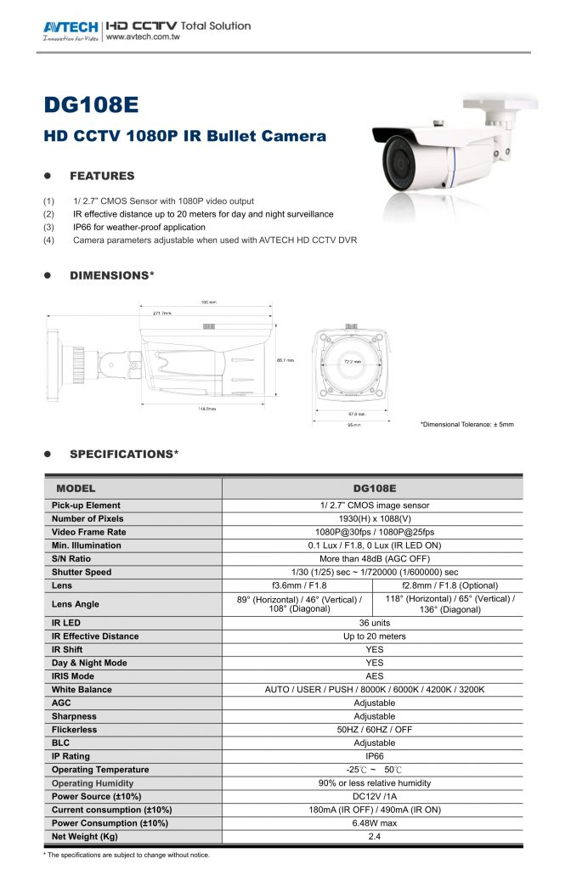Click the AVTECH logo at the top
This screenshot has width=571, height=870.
coord(71,27)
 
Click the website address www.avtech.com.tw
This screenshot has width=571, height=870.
coord(143,37)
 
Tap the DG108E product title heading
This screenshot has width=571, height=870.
coord(90,106)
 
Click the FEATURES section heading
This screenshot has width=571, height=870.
coord(102,176)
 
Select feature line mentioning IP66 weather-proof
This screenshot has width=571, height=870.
coord(139,228)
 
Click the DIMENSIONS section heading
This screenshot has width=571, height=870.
coord(111,275)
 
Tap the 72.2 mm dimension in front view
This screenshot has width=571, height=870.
coord(352,362)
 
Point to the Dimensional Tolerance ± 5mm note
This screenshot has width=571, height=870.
coord(466,424)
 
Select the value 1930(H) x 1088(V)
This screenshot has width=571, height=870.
coord(374,518)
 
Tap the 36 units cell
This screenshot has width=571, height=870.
coord(374,623)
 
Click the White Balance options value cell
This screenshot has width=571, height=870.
coord(374,690)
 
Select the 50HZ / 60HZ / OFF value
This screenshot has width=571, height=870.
coord(374,730)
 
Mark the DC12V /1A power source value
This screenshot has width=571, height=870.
coord(374,796)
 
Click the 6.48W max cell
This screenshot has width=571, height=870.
coord(374,823)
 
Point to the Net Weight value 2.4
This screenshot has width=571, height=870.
coord(374,837)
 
